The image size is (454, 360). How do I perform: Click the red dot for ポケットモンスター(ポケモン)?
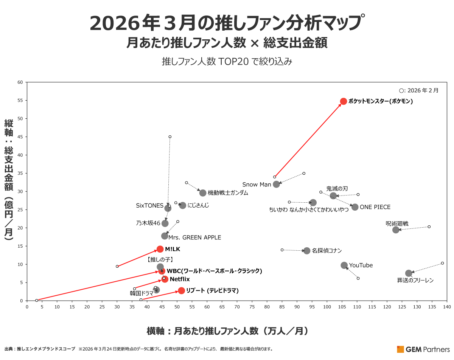(344, 101)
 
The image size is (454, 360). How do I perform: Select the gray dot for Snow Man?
(277, 184)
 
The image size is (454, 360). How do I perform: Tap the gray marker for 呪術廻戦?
(396, 230)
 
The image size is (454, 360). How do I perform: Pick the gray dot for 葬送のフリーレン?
(409, 273)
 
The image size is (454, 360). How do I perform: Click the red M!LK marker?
(160, 249)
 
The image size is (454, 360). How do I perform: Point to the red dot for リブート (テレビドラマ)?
(182, 290)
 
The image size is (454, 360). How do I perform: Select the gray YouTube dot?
(344, 265)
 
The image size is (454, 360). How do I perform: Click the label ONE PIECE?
(375, 207)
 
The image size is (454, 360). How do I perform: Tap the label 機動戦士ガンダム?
(228, 193)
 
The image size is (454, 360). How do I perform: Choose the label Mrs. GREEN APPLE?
(194, 237)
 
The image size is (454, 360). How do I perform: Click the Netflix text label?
(180, 279)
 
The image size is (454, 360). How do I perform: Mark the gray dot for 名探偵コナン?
(307, 251)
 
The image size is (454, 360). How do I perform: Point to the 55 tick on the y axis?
(20, 101)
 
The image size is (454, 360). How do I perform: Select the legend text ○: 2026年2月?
(419, 91)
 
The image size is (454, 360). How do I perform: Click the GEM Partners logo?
(423, 349)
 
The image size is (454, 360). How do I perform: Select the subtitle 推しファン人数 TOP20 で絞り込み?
(227, 61)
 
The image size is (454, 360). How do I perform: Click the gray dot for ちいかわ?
(313, 203)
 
